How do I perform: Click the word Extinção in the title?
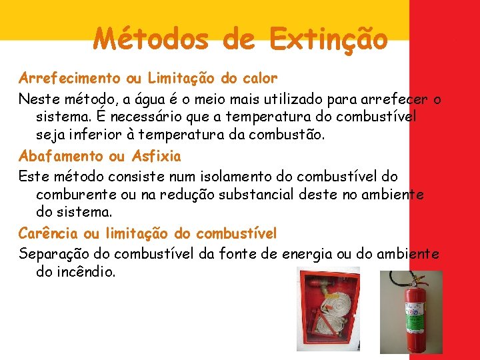pos(329,39)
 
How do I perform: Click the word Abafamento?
pos(61,157)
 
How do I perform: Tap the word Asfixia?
pos(156,157)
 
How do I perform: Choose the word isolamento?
pos(237,177)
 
